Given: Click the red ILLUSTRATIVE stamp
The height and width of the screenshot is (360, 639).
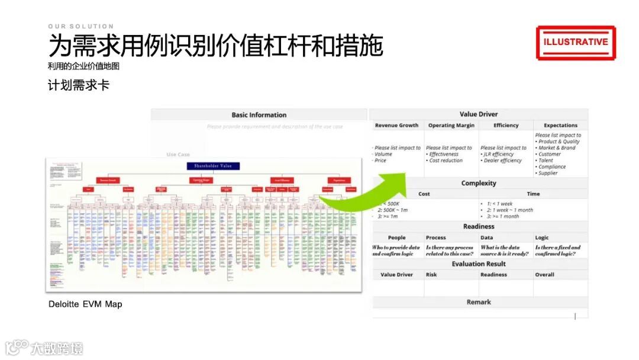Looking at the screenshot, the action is click(576, 42).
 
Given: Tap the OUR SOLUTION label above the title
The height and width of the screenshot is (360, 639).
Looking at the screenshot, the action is click(81, 27).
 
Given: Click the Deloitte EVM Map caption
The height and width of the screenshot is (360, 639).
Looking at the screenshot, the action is click(85, 304).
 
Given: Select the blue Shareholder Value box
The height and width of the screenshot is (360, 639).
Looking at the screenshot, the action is click(213, 166).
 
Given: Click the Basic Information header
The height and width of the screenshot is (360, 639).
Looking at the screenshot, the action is click(259, 115).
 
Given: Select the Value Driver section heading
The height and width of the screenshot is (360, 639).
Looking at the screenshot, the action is click(479, 114).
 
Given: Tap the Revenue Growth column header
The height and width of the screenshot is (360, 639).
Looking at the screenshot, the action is click(396, 126).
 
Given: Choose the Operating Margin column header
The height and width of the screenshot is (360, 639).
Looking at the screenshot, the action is click(451, 126).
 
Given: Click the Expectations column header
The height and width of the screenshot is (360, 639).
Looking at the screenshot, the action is click(560, 126).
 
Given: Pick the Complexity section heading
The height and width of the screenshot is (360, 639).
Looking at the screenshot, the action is click(479, 183).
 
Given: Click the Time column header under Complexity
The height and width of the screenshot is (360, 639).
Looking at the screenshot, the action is click(533, 194).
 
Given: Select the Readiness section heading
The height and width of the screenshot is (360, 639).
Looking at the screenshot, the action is click(479, 227).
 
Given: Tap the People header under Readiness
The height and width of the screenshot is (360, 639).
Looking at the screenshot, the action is click(396, 237).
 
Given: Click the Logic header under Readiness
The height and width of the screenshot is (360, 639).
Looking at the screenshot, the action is click(542, 237).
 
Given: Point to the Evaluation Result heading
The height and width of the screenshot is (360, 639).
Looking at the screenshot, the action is click(479, 264).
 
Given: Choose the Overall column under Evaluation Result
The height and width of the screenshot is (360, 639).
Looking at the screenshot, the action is click(544, 275).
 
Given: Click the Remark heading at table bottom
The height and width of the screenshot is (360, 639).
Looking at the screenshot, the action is click(479, 302).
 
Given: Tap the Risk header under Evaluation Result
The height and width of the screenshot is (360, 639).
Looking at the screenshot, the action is click(431, 275).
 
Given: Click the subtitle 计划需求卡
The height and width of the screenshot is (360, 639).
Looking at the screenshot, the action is click(79, 85).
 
